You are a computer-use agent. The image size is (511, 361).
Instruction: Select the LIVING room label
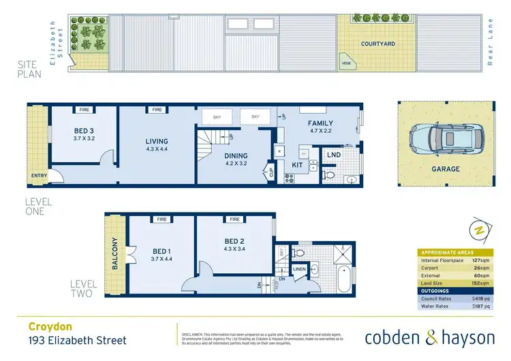coord(157,142)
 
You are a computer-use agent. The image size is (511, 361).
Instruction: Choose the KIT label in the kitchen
coord(297,166)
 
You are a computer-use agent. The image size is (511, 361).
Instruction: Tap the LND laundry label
coord(333,156)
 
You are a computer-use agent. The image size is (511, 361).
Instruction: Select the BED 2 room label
coord(234,241)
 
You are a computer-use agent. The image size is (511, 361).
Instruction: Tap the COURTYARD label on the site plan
coord(378,44)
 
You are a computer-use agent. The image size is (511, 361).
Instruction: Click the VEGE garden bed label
coord(346,63)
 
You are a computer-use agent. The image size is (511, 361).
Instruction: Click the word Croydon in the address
coord(48,326)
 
